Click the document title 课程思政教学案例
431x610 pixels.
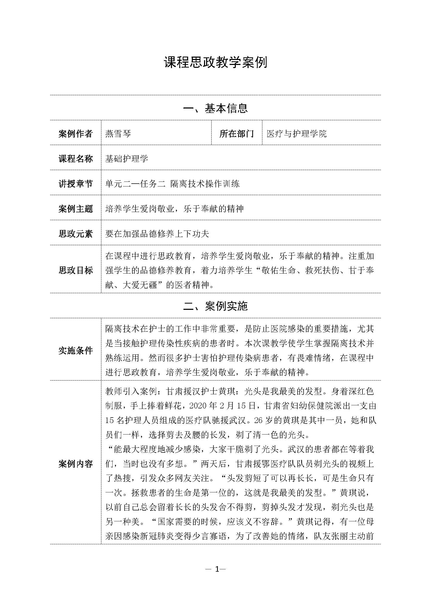[x=215, y=63]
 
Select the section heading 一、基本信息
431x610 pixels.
[x=215, y=108]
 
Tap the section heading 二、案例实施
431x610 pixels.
[x=215, y=306]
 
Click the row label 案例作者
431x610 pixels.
[x=76, y=134]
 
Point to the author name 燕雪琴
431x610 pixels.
[x=118, y=134]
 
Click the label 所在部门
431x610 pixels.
[x=236, y=134]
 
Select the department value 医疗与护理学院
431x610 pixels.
[x=297, y=134]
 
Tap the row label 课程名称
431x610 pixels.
[x=76, y=159]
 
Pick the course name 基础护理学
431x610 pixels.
[x=127, y=159]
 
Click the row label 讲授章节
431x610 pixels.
[x=76, y=184]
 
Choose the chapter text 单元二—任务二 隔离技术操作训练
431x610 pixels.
[x=173, y=184]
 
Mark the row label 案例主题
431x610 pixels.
[x=76, y=209]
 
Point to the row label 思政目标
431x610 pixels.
[x=76, y=270]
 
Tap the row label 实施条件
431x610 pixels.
[x=76, y=351]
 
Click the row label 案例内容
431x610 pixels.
[x=76, y=464]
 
